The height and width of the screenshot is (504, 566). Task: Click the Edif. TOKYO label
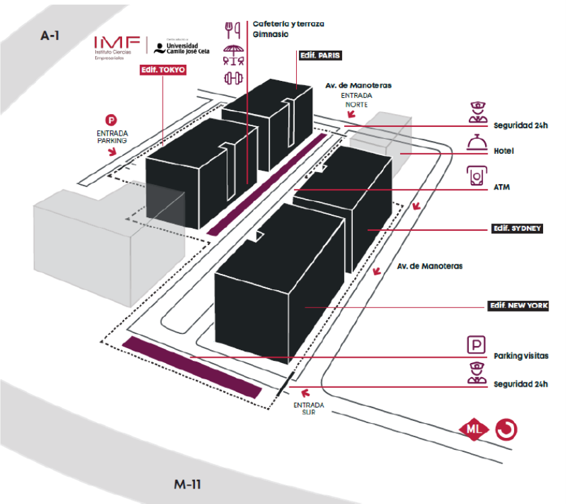(163, 69)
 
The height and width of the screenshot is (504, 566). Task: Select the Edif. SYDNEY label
(517, 229)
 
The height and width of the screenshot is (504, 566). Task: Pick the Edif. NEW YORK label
(518, 306)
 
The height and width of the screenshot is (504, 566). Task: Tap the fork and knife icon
(233, 29)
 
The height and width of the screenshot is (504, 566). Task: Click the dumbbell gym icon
(233, 78)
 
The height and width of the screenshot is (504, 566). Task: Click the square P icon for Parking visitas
(477, 345)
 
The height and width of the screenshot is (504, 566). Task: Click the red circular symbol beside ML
(505, 429)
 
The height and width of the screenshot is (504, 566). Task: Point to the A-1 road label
(49, 36)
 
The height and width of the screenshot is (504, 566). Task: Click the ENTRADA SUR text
(308, 408)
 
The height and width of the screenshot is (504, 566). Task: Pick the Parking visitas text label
(521, 356)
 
